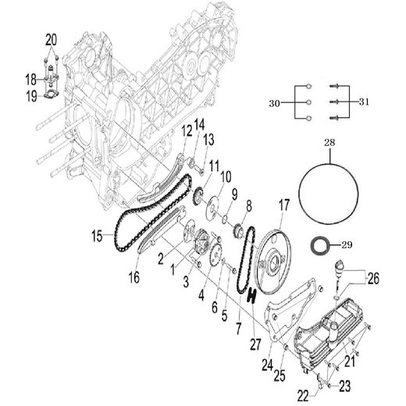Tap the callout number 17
pos(283,205)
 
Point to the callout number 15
pos(97,234)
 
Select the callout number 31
pos(363,103)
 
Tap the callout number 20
pos(52,39)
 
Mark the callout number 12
pos(187,131)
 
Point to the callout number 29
pos(347,244)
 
